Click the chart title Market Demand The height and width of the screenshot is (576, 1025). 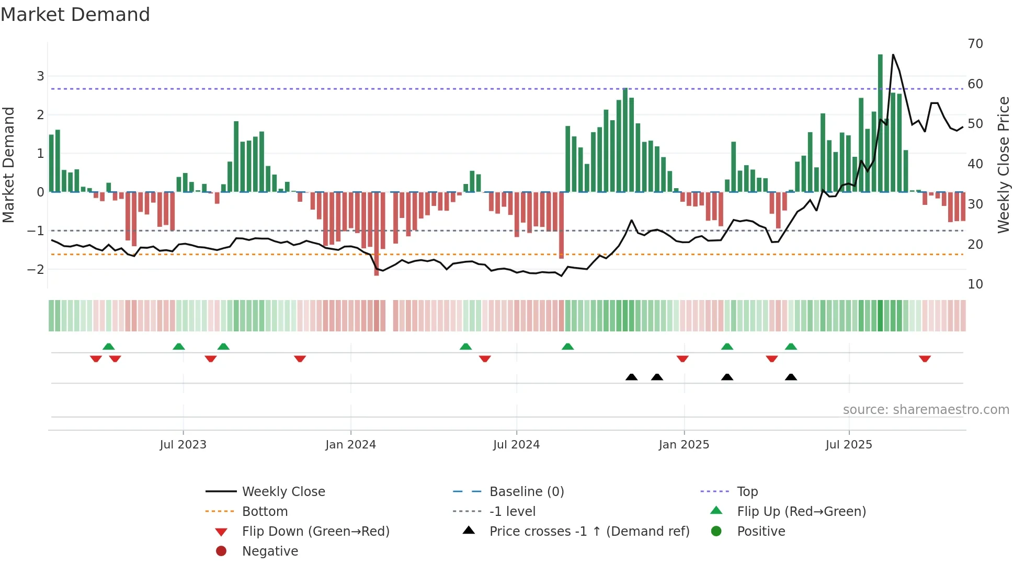(75, 15)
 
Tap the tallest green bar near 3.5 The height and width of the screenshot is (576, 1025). (880, 123)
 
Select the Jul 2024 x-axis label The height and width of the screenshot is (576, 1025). (516, 445)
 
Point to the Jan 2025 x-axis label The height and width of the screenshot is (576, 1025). (684, 445)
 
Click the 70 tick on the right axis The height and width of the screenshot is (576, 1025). (975, 44)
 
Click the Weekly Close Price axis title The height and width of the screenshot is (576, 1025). (1003, 165)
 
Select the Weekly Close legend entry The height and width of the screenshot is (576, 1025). (283, 492)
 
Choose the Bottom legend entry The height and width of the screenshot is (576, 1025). (265, 512)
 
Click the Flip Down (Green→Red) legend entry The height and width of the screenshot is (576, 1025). (315, 532)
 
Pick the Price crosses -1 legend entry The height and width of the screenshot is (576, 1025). (589, 532)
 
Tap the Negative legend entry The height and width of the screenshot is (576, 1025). (270, 551)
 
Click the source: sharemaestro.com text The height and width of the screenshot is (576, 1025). (926, 410)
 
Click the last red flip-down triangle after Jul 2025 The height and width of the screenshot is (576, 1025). (925, 359)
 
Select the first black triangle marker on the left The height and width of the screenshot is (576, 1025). (631, 377)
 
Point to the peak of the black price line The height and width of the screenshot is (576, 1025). (893, 55)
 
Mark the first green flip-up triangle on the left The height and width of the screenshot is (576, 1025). (108, 347)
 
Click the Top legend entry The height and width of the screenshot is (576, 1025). (747, 492)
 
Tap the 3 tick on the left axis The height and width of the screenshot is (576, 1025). (40, 76)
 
